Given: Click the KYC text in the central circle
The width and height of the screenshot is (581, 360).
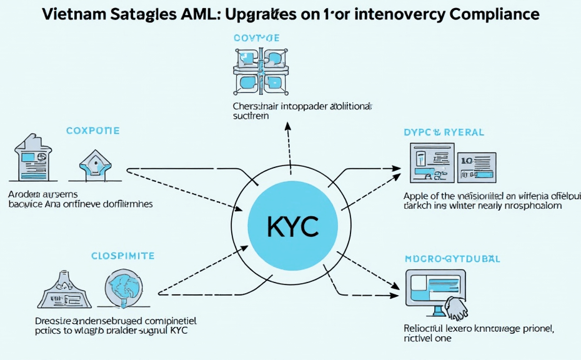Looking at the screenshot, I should [x=293, y=226].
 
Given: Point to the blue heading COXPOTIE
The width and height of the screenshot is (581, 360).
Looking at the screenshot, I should [x=92, y=131].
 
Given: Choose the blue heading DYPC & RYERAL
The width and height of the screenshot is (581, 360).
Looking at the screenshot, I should [x=444, y=132].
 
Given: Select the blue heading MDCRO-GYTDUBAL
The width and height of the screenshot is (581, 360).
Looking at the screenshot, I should [x=452, y=258].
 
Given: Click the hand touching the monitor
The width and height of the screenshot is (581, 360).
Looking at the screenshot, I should [x=455, y=306].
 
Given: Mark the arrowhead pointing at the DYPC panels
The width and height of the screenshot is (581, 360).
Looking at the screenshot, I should [x=397, y=168].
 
